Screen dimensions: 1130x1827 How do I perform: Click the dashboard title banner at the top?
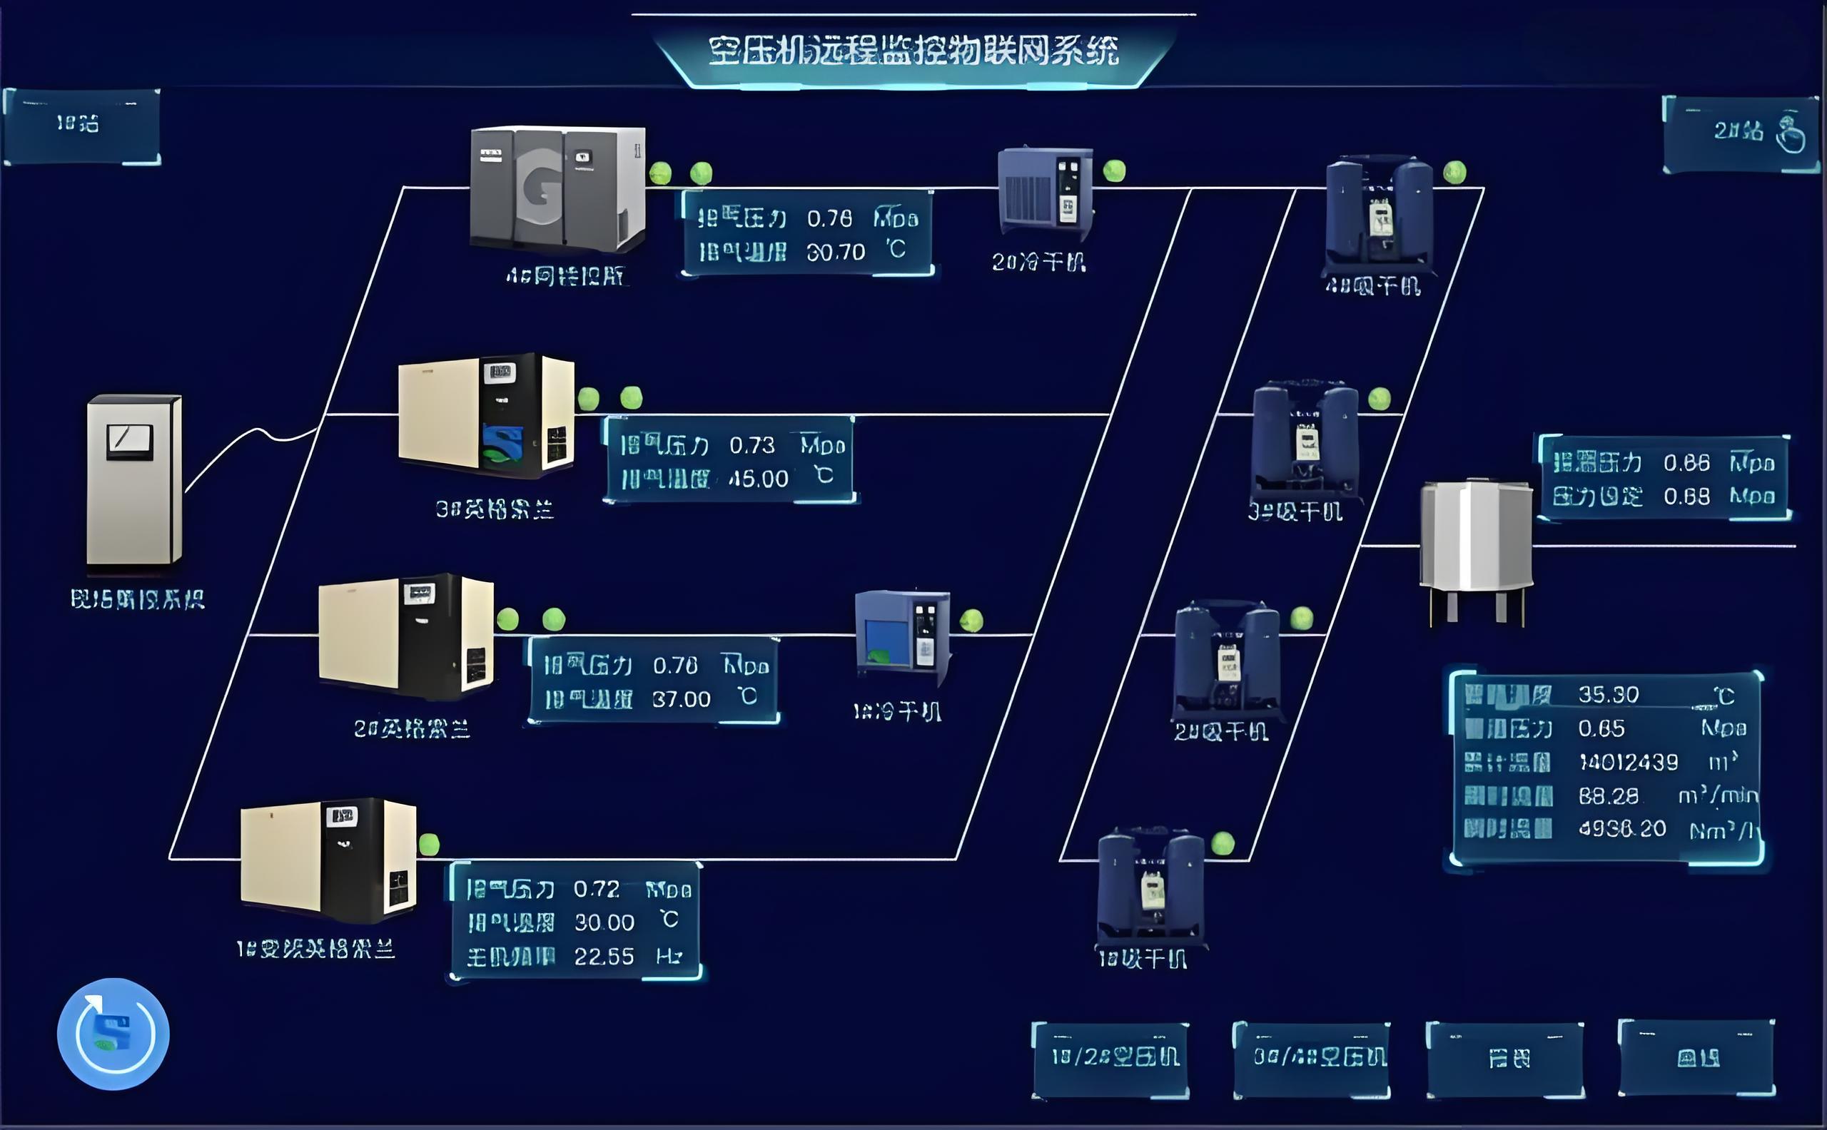[x=913, y=51]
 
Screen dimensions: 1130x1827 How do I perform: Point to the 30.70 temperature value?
[x=835, y=253]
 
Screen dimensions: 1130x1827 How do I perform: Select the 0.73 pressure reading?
[x=751, y=446]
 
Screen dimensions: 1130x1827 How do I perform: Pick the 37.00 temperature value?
[x=681, y=700]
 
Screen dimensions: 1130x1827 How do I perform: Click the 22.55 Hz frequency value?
[x=603, y=957]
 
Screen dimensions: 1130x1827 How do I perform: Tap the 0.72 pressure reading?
[x=596, y=889]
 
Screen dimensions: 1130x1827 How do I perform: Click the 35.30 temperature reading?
[x=1608, y=695]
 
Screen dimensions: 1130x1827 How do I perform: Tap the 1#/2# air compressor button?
[x=1110, y=1057]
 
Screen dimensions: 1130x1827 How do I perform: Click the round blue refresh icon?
[x=113, y=1034]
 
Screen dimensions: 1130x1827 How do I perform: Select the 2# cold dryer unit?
[x=1045, y=191]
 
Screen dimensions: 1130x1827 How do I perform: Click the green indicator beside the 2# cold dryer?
[x=1114, y=170]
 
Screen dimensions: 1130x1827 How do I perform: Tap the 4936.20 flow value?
[x=1621, y=829]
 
